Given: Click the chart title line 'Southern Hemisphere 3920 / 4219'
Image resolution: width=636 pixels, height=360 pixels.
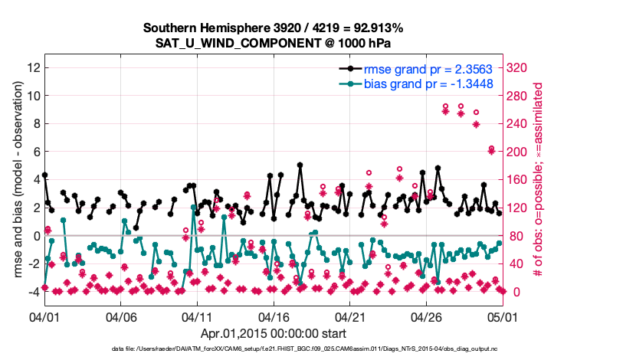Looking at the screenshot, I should coord(273,28).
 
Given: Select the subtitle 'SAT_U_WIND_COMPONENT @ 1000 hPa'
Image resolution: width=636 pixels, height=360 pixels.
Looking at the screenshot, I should coord(273,42).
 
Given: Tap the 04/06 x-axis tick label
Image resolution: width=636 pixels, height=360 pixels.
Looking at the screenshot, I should coord(120,316).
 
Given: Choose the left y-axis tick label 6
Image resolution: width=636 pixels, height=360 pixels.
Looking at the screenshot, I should coord(35,152).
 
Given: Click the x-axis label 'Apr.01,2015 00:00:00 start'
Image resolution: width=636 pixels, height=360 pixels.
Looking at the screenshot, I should coord(273,334).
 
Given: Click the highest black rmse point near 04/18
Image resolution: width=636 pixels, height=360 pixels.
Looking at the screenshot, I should coord(300,165).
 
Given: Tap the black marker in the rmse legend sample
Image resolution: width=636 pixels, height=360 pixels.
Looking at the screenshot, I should coord(352,68).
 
